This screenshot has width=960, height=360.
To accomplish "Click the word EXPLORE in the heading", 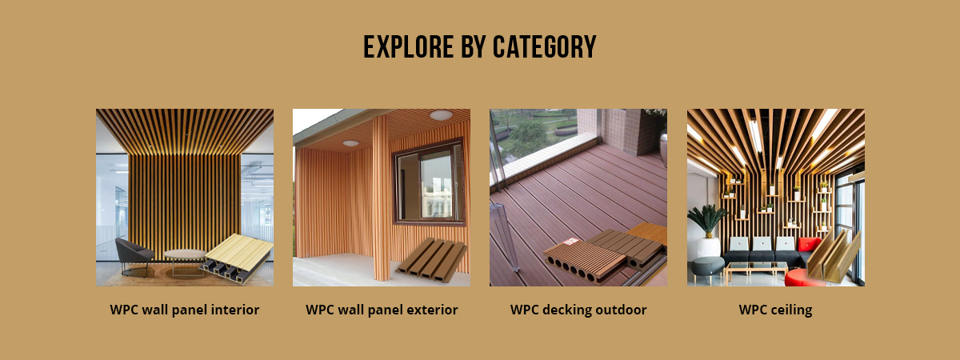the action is pyautogui.click(x=409, y=46).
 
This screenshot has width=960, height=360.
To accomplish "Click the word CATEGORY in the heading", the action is pyautogui.click(x=544, y=46).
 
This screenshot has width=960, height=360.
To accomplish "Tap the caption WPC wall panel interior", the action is pyautogui.click(x=184, y=310).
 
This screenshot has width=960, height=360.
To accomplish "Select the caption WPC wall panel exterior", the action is pyautogui.click(x=382, y=310).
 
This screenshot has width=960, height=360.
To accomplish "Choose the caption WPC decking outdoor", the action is pyautogui.click(x=578, y=310).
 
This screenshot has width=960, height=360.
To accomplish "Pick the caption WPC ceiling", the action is pyautogui.click(x=775, y=310).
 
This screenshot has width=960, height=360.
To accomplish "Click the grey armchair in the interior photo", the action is pyautogui.click(x=134, y=256).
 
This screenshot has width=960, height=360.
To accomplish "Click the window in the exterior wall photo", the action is pyautogui.click(x=430, y=182).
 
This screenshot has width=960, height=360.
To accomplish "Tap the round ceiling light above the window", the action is pyautogui.click(x=441, y=115).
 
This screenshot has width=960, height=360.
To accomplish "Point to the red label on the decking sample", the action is pyautogui.click(x=570, y=242).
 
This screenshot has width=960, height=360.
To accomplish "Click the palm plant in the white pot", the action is pyautogui.click(x=708, y=231).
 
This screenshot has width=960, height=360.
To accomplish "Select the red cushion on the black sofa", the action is pyautogui.click(x=809, y=244).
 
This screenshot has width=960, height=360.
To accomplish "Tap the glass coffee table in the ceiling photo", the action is pyautogui.click(x=757, y=270).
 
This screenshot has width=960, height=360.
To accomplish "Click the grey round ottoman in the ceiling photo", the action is pyautogui.click(x=707, y=268).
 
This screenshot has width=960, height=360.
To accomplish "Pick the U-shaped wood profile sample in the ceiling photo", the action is pyautogui.click(x=834, y=257).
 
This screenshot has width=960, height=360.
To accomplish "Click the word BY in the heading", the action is pyautogui.click(x=473, y=46).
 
